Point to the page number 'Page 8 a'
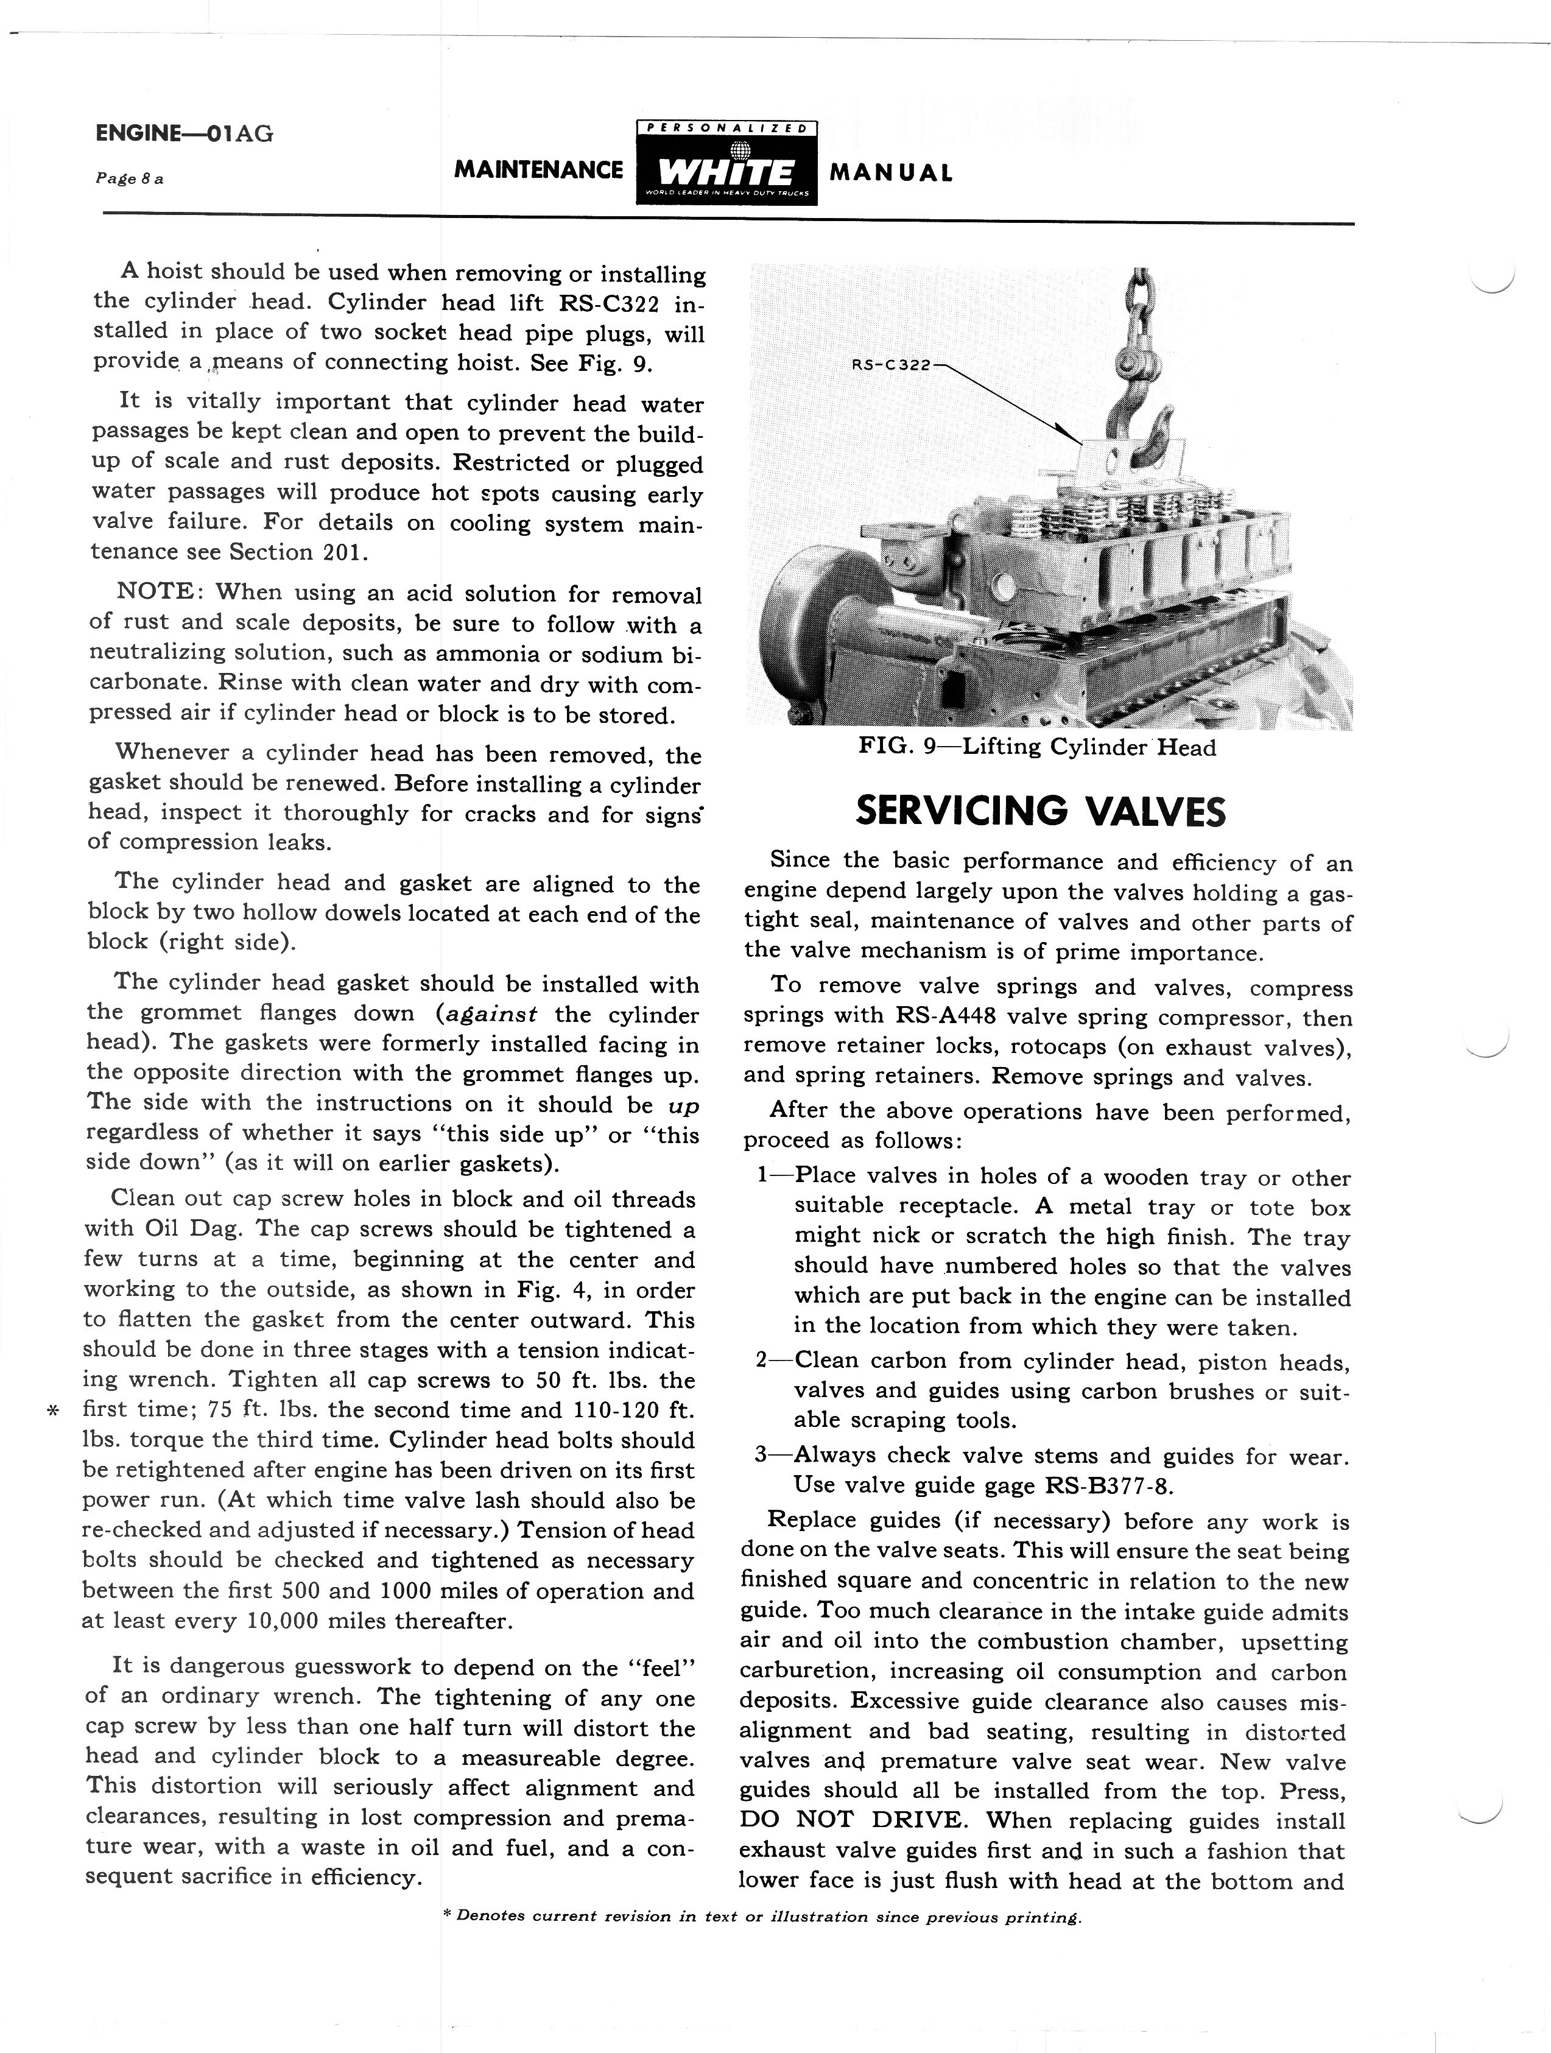pos(129,178)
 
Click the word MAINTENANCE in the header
pos(538,170)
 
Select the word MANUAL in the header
pos(890,172)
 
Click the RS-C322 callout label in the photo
pos(890,365)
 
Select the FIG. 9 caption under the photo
pos(1037,747)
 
